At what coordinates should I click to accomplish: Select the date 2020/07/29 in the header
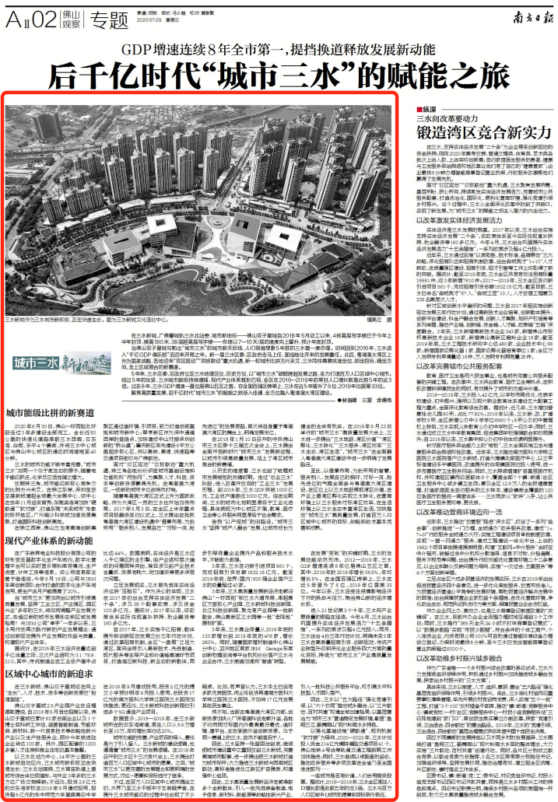coord(148,22)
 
